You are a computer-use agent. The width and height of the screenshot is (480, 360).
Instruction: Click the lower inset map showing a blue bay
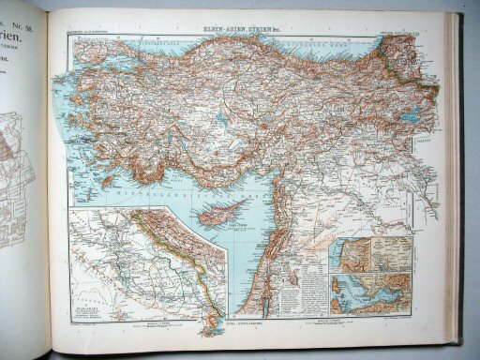click(370, 293)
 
